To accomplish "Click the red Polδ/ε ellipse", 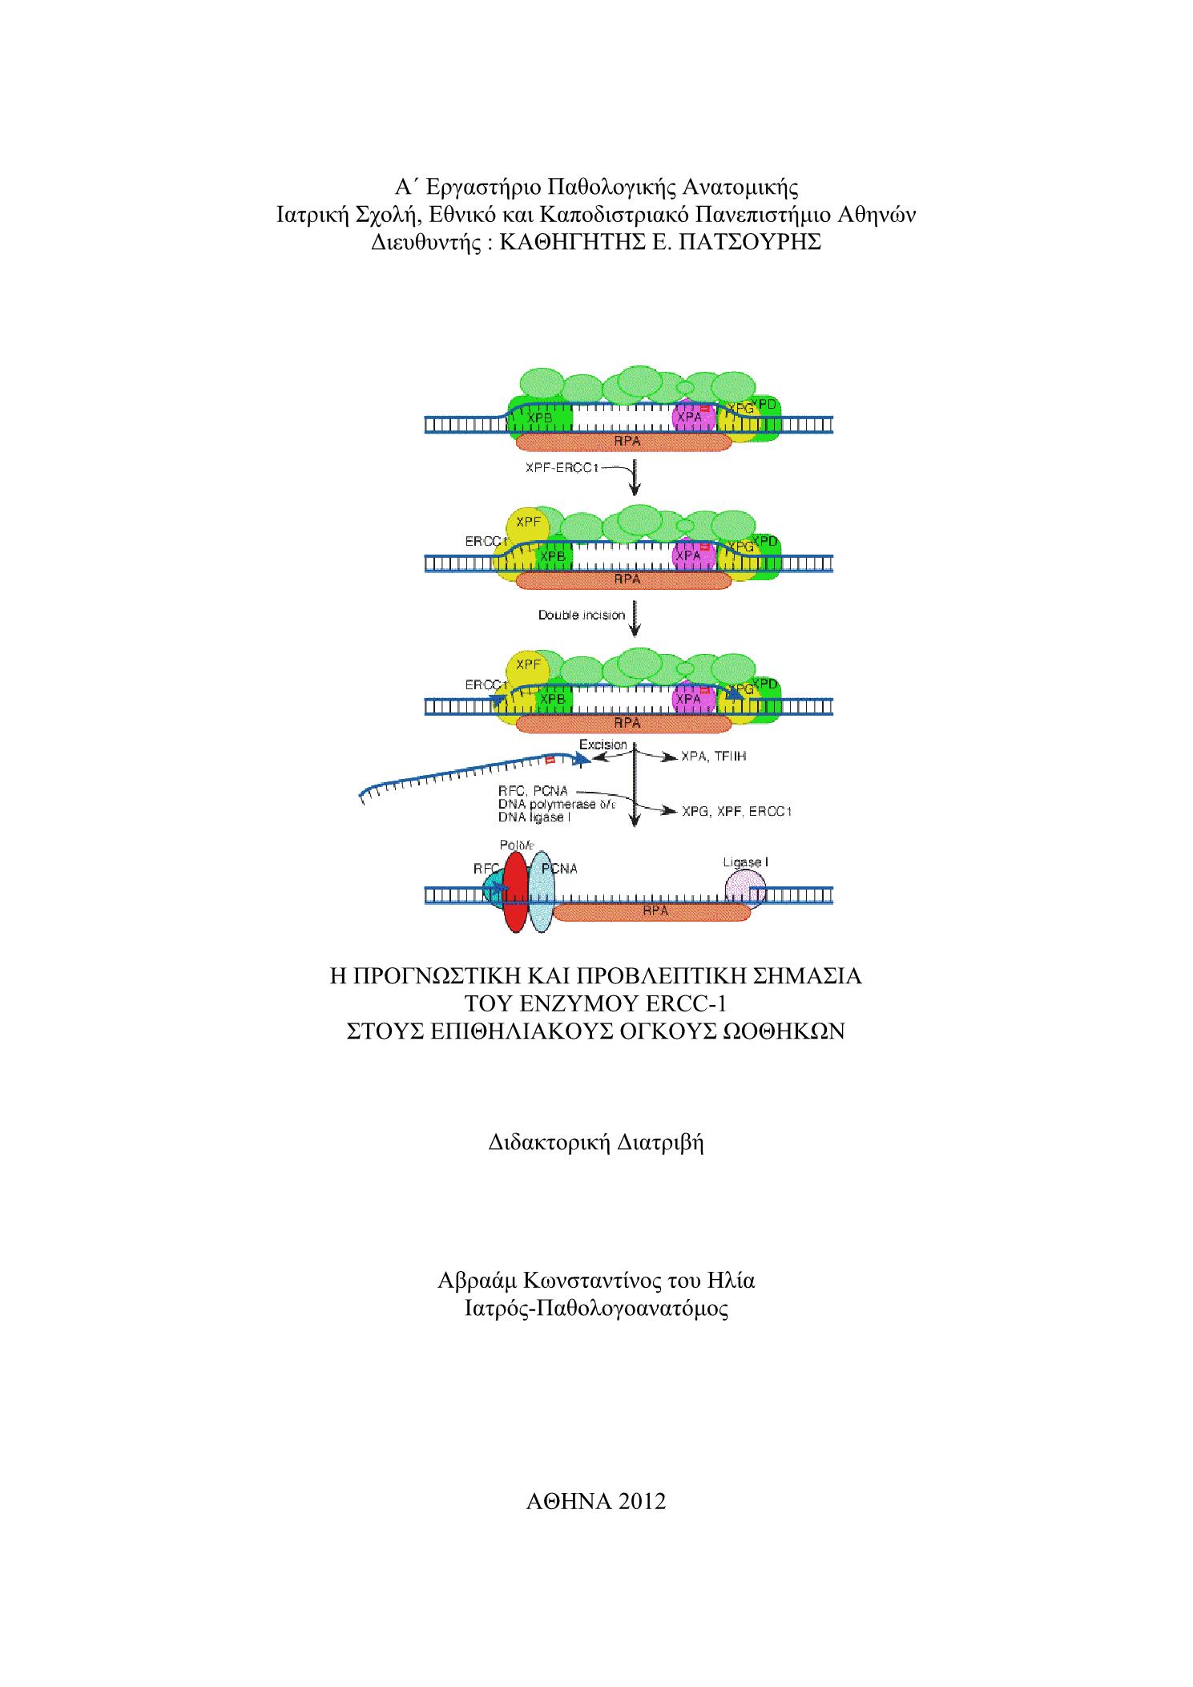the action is (516, 891).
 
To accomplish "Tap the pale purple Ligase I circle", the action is (745, 890).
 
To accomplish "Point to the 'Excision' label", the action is (603, 745).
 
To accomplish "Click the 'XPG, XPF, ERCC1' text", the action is (737, 812).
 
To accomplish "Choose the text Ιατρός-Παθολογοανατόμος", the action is (596, 1309).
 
